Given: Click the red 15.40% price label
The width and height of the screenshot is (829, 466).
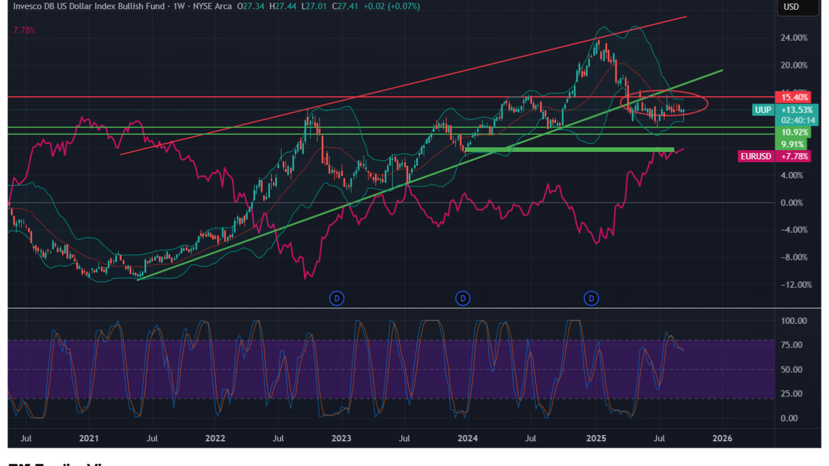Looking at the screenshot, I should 793,97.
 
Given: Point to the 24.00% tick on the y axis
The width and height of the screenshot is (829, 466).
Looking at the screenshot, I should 794,38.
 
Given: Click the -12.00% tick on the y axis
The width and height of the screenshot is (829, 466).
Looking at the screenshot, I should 793,285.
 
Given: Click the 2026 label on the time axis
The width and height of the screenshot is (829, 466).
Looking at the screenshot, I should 722,438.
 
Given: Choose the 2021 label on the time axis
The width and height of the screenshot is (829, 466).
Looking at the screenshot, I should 89,438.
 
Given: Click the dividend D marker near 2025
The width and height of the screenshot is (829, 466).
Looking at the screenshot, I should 591,298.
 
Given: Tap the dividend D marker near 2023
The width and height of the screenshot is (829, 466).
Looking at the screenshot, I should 337,298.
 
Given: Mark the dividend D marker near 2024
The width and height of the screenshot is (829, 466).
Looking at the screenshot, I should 463,298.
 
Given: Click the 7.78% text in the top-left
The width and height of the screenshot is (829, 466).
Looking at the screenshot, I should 24,30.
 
